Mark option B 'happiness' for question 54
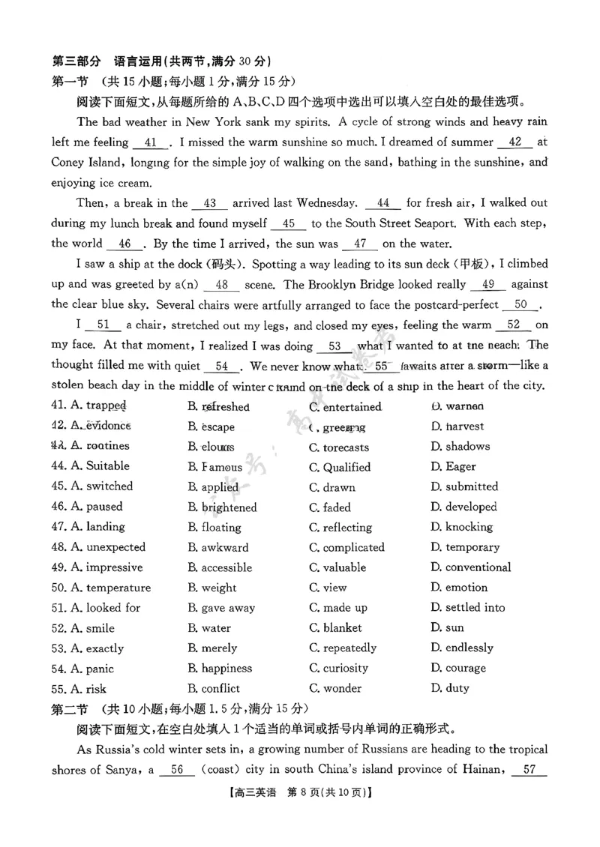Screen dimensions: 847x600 tap(220, 669)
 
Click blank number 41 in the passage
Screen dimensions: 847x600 tap(150, 142)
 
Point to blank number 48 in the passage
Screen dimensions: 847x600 tap(221, 285)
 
